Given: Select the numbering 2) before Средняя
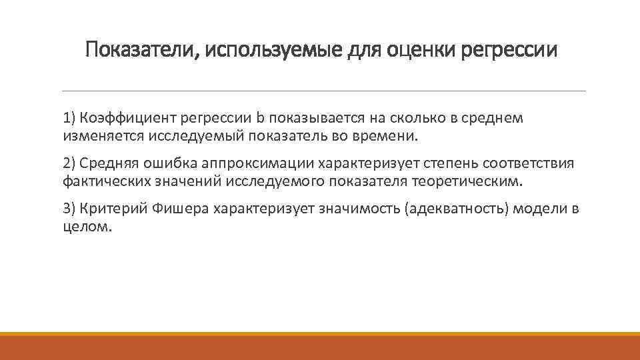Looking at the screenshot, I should tap(70, 164).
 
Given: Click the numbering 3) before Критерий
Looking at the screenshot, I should tap(70, 209).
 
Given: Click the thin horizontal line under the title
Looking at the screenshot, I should tap(323, 91).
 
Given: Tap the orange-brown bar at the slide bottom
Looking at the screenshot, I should tap(320, 348).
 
